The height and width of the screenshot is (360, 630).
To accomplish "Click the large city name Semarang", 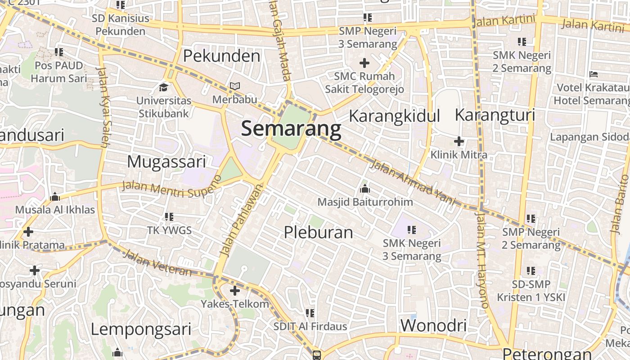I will [x=291, y=129].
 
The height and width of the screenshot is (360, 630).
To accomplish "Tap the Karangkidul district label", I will [x=394, y=116].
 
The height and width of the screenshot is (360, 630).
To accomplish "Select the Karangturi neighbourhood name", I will [x=495, y=114].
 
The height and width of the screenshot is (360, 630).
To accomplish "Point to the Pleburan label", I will [x=318, y=232].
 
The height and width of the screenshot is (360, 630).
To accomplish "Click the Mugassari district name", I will [x=166, y=162].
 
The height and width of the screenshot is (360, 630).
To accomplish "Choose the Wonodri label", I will [x=433, y=325].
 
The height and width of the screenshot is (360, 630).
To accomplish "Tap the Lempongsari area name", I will [x=141, y=329].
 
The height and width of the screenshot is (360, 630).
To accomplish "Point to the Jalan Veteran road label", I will [x=157, y=263].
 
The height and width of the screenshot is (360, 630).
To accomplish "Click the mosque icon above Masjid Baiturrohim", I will [x=364, y=188].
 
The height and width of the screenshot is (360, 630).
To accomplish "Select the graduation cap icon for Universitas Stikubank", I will [x=164, y=86].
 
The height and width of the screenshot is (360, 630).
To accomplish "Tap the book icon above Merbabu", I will [x=235, y=86].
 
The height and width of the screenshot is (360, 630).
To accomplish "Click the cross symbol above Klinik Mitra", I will [x=459, y=141].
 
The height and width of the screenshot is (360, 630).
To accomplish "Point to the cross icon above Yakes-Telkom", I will [x=235, y=290].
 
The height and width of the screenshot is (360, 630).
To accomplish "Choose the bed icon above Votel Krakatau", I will [x=594, y=74].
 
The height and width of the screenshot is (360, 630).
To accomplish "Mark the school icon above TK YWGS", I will [x=169, y=217].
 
